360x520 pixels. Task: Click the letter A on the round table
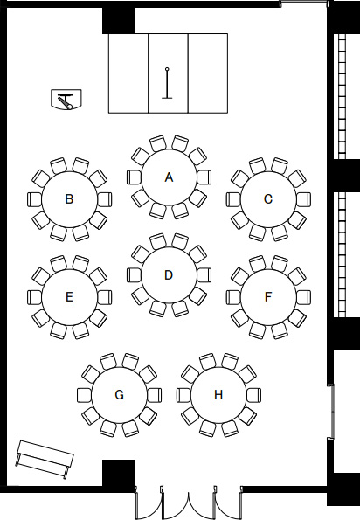[169, 177]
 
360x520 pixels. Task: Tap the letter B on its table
[69, 199]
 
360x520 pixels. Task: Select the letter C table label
[268, 199]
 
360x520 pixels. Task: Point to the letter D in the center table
[169, 275]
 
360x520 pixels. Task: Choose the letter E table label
[69, 297]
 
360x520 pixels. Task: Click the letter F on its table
[268, 297]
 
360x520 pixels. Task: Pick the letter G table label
[119, 395]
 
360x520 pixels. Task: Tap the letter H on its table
[218, 395]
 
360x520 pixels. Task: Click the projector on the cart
[66, 99]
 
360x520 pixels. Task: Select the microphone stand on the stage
[167, 83]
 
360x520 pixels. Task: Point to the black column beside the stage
[119, 21]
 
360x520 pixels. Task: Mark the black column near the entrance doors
[119, 473]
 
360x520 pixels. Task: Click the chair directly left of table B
[34, 199]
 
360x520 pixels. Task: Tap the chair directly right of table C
[303, 199]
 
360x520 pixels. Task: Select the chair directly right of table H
[253, 395]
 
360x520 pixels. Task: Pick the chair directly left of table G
[85, 395]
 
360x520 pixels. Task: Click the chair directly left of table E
[34, 297]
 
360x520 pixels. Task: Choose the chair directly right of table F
[303, 297]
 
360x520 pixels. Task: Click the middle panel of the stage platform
[168, 73]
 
